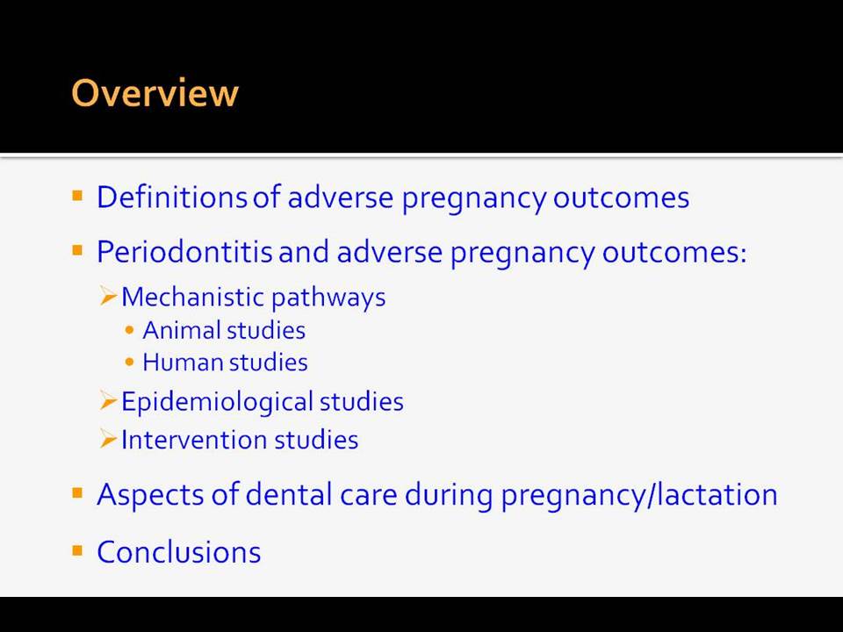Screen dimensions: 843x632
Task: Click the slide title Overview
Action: tap(155, 92)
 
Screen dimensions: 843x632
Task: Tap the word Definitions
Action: tap(172, 197)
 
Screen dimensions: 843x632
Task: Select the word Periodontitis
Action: tap(184, 251)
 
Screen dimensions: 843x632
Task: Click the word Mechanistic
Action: tap(193, 297)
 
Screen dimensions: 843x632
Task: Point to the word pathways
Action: tap(329, 298)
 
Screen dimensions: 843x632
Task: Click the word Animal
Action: tap(183, 330)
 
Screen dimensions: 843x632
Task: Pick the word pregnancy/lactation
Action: tap(639, 495)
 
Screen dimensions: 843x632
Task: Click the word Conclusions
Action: tap(178, 552)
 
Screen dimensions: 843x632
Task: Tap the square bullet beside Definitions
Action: tap(77, 195)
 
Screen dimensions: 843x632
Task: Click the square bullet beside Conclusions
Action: tap(77, 550)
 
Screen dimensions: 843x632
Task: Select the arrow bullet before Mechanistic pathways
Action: tap(109, 296)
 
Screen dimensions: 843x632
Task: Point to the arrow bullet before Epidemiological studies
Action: tap(109, 401)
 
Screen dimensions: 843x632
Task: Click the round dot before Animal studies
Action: tap(129, 331)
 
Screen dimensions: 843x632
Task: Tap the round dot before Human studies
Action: tap(129, 363)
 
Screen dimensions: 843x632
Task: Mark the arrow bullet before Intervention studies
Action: tap(109, 439)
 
